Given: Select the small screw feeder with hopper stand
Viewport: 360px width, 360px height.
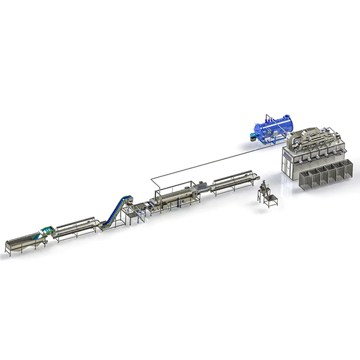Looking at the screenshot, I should (x=266, y=195).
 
